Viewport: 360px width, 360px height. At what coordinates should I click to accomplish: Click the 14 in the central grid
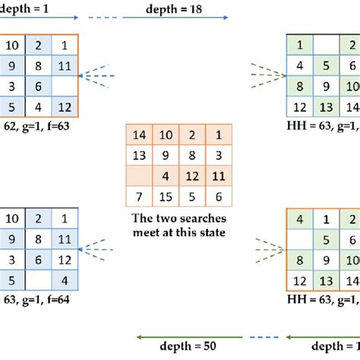(x=138, y=134)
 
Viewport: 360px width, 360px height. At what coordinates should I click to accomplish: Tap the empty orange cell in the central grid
(x=138, y=177)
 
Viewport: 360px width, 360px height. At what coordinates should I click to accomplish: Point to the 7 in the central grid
(x=138, y=197)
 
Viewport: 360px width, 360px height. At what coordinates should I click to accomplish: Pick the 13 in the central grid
(x=138, y=156)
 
